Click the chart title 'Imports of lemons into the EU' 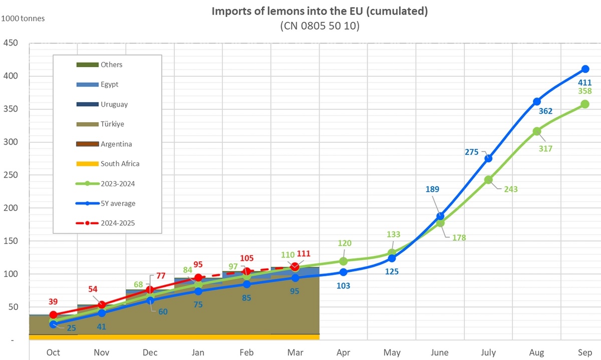point(320,12)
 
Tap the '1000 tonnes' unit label point(24,19)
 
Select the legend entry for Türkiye point(113,124)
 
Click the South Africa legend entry point(120,164)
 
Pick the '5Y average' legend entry point(118,203)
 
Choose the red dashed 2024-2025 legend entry point(118,223)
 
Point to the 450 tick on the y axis point(11,44)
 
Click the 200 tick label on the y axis point(11,208)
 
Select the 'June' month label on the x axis point(440,352)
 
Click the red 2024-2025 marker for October point(53,315)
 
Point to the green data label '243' point(511,189)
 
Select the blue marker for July point(488,158)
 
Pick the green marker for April point(343,261)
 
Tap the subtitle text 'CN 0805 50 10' point(320,26)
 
